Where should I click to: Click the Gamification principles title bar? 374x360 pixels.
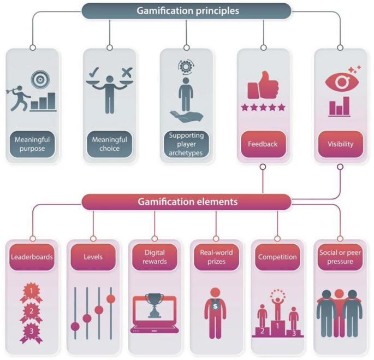click(x=186, y=10)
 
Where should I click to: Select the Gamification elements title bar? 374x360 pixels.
click(x=186, y=202)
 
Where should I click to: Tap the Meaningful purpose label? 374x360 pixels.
click(x=32, y=144)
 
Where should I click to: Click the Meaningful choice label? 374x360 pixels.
click(x=109, y=144)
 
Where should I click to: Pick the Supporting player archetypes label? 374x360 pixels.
click(x=186, y=144)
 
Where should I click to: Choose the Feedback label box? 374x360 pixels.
click(x=263, y=144)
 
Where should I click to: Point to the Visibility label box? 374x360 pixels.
click(x=341, y=144)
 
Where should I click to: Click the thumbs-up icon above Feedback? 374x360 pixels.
click(x=263, y=86)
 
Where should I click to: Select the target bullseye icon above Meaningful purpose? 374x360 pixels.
click(x=40, y=79)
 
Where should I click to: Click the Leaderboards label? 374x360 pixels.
click(x=32, y=257)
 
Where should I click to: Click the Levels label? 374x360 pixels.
click(x=93, y=257)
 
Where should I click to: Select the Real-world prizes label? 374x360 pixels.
click(x=216, y=257)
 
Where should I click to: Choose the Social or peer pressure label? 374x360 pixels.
click(x=340, y=257)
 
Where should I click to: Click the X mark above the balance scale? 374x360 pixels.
click(x=127, y=72)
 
